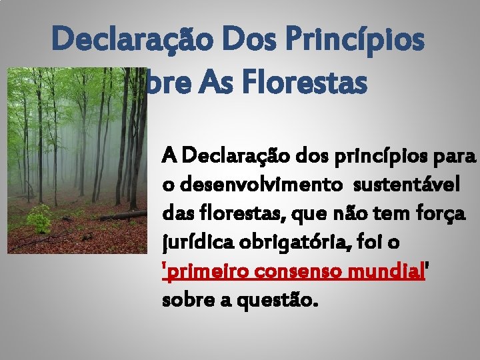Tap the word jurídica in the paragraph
coord(195,243)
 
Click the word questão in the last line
coord(278,302)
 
